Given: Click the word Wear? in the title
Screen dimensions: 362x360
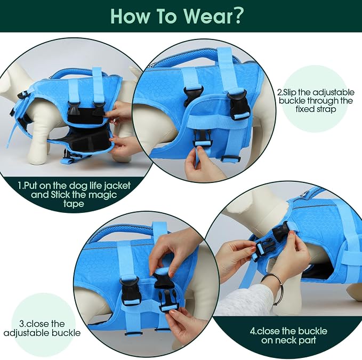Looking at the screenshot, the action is point(213,16).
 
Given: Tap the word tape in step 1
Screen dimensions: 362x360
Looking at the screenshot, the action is point(74,204).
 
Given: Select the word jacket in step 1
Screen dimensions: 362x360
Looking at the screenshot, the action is point(117,186).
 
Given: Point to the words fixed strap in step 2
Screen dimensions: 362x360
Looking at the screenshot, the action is point(316,109).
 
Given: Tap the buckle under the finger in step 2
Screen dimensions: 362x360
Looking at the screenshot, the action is point(203,138).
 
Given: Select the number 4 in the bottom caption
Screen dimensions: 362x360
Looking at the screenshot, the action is point(252,332).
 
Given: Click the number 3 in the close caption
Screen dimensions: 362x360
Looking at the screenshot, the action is point(22,324).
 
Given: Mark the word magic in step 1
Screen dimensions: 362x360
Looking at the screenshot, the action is point(102,195).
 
